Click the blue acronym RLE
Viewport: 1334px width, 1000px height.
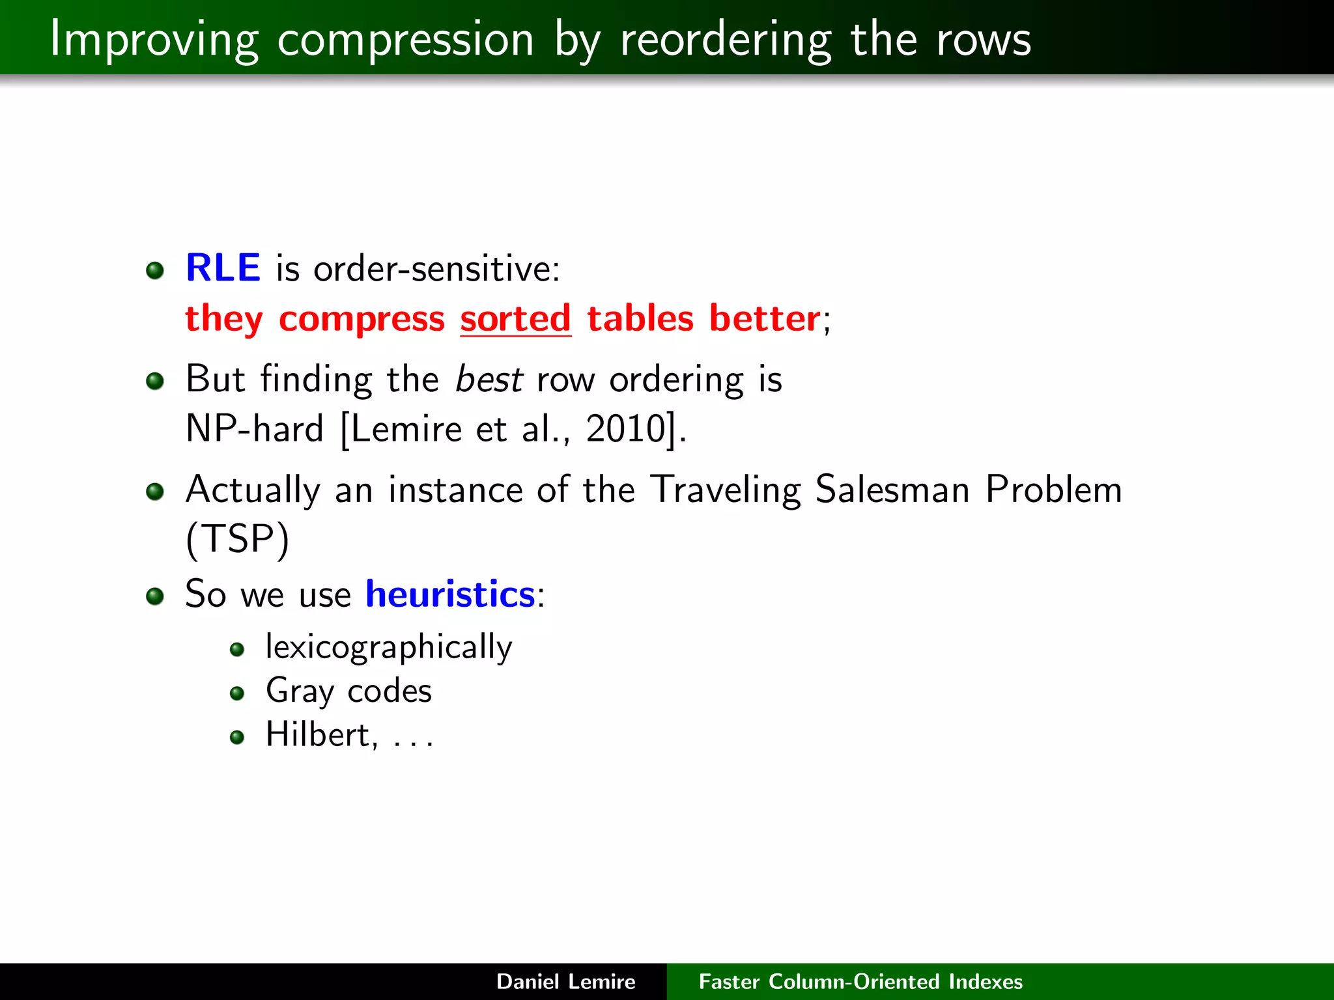(x=223, y=268)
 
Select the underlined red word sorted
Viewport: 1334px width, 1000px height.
(x=515, y=318)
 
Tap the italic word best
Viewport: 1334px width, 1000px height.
(x=489, y=379)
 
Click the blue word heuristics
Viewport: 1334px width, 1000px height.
(x=450, y=594)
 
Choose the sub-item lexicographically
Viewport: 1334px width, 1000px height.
(x=389, y=647)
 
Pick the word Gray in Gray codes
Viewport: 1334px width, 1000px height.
(x=300, y=691)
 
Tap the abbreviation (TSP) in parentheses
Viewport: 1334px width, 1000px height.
(x=237, y=540)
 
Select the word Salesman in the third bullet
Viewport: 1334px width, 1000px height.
(x=892, y=490)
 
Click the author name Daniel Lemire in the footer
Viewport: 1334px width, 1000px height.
(x=565, y=981)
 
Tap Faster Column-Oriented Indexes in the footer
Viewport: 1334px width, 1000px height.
(x=860, y=981)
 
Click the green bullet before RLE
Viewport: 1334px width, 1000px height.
(x=155, y=270)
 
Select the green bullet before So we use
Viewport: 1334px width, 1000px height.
(x=155, y=596)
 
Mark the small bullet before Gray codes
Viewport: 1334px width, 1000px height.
(x=237, y=693)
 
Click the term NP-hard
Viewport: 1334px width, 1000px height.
(x=254, y=429)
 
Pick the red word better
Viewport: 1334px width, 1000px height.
(x=765, y=318)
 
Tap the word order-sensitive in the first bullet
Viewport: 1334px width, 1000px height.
(x=436, y=269)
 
